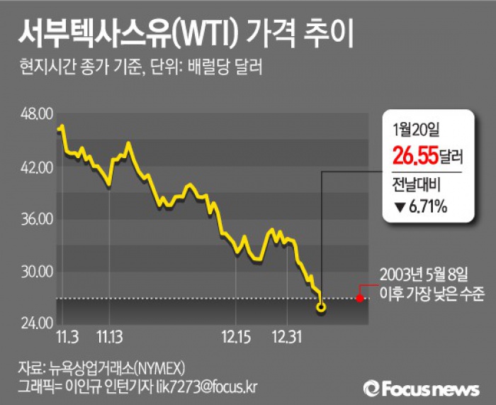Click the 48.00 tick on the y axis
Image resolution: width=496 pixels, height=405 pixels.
coord(40,113)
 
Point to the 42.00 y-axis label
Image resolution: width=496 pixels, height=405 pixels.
coord(40,167)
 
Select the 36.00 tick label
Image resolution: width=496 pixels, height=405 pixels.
coord(40,220)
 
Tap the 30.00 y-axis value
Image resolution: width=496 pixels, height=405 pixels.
coord(40,272)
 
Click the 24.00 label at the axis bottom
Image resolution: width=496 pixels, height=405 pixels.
coord(40,323)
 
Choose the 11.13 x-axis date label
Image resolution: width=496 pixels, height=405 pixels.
coord(109,333)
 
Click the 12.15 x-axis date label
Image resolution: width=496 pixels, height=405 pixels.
coord(236,333)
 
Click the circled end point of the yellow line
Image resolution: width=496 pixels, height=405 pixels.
coord(322,308)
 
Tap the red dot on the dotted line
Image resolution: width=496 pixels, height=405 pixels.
coord(359,298)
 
